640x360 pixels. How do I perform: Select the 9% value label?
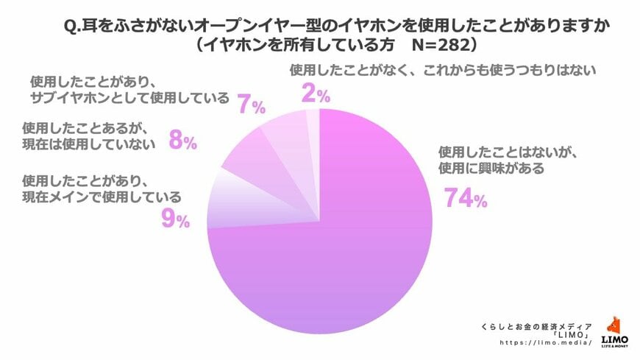pyautogui.click(x=175, y=218)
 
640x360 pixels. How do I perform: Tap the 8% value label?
pyautogui.click(x=182, y=140)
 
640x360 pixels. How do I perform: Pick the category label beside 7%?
pyautogui.click(x=129, y=90)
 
